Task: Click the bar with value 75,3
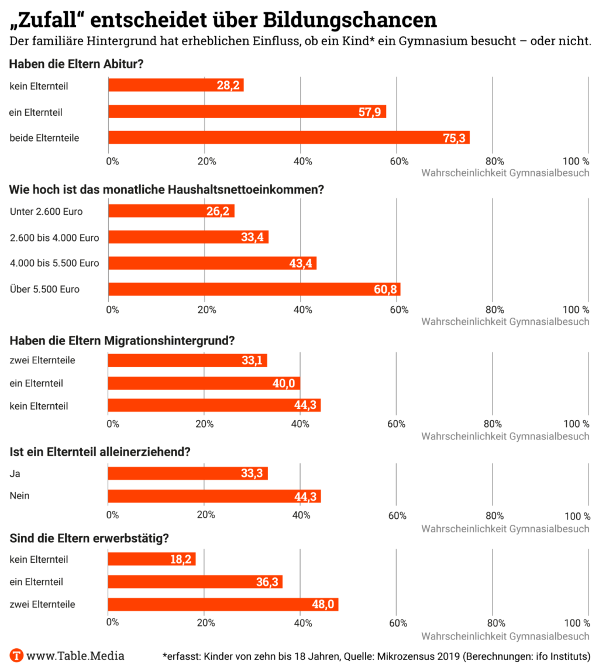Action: [x=289, y=137]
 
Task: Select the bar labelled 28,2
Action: [x=175, y=85]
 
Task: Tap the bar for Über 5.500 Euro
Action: [x=254, y=289]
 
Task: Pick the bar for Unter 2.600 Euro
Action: [x=171, y=211]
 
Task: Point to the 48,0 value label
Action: [x=322, y=604]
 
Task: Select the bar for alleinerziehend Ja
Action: [x=188, y=473]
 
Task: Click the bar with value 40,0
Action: [x=204, y=383]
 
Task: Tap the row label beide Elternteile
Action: [x=44, y=138]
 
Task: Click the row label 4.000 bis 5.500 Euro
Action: [x=54, y=263]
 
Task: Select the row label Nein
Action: [x=20, y=496]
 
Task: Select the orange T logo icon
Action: [x=17, y=655]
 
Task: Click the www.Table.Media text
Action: [x=75, y=656]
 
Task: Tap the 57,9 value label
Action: [x=370, y=112]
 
